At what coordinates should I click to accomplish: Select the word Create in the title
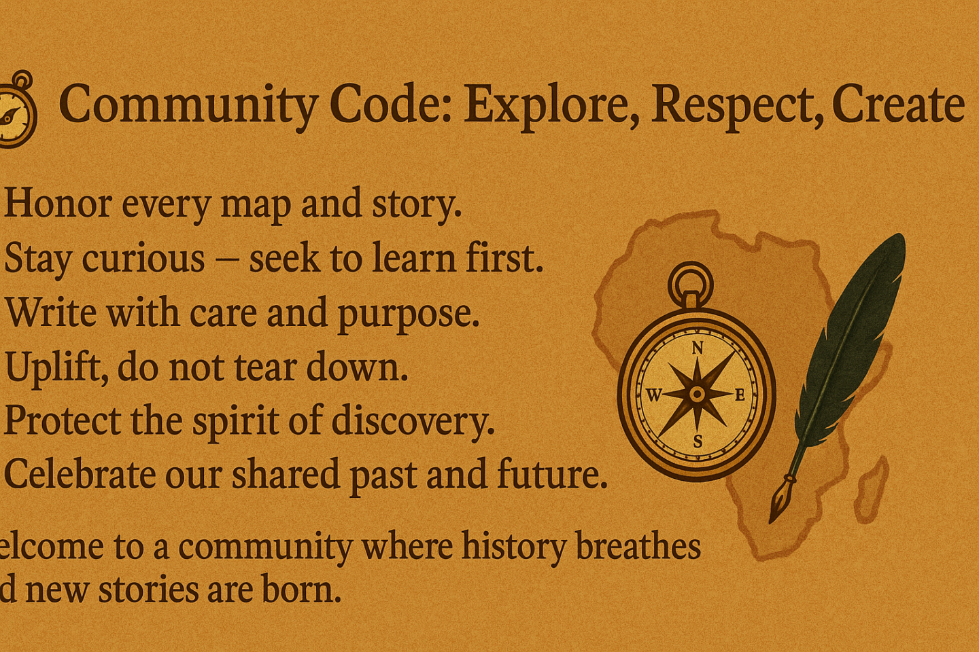898,105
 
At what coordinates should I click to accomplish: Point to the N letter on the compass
698,348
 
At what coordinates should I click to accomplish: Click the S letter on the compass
698,442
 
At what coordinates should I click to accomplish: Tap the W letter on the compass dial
654,395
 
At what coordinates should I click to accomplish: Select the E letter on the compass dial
740,395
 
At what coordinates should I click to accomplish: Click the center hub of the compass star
697,395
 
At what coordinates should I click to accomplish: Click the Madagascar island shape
872,490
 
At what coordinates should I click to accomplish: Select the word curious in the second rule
143,257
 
